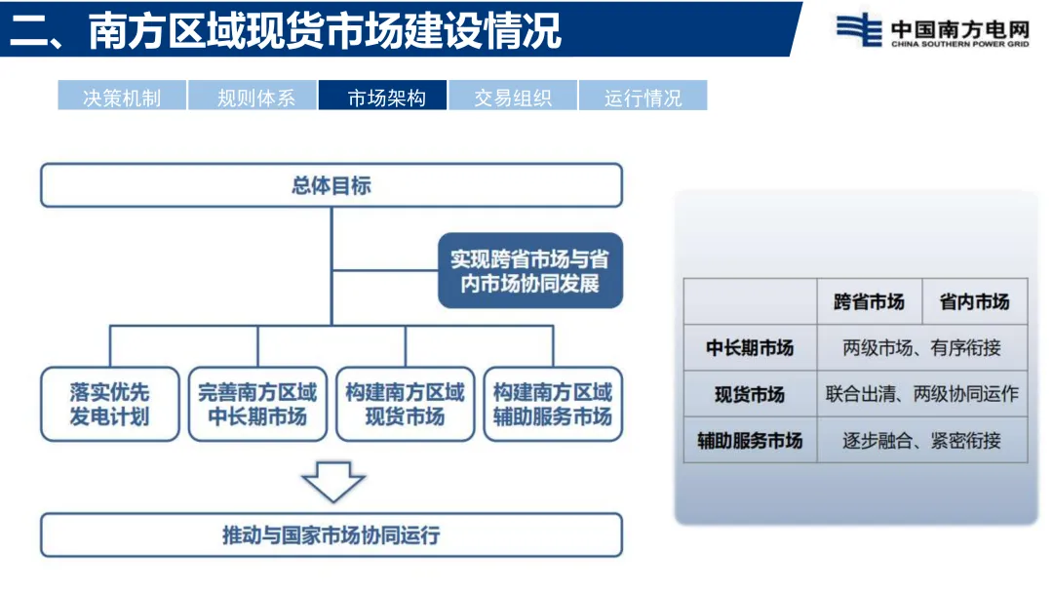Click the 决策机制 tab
pos(122,97)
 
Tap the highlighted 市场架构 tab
pos(383,97)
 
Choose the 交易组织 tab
pos(513,97)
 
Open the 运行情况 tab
pos(643,97)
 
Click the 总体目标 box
pos(331,185)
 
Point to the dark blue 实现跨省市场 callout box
pos(529,271)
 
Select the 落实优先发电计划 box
pos(109,404)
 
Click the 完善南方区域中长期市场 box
pos(257,404)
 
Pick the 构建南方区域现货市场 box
pos(405,404)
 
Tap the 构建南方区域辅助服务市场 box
pos(553,404)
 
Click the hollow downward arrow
pos(332,481)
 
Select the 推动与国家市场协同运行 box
pos(331,535)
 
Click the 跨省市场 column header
pos(868,302)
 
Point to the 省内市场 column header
pos(974,302)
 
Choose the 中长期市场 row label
pos(750,348)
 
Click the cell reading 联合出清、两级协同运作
pos(921,394)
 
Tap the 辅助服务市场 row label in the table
pos(750,440)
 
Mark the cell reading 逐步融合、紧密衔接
pos(921,440)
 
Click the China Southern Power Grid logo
pos(932,30)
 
